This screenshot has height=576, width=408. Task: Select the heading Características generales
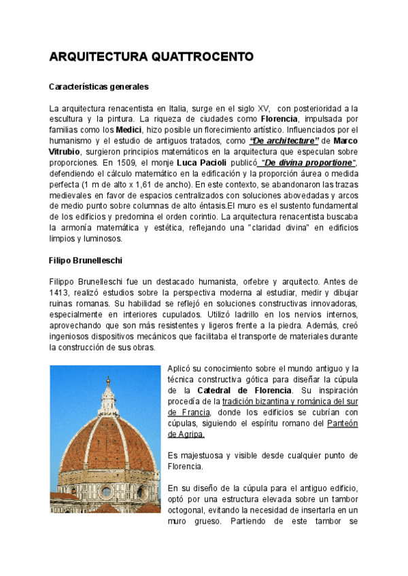point(99,87)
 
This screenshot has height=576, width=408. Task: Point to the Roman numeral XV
point(262,108)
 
